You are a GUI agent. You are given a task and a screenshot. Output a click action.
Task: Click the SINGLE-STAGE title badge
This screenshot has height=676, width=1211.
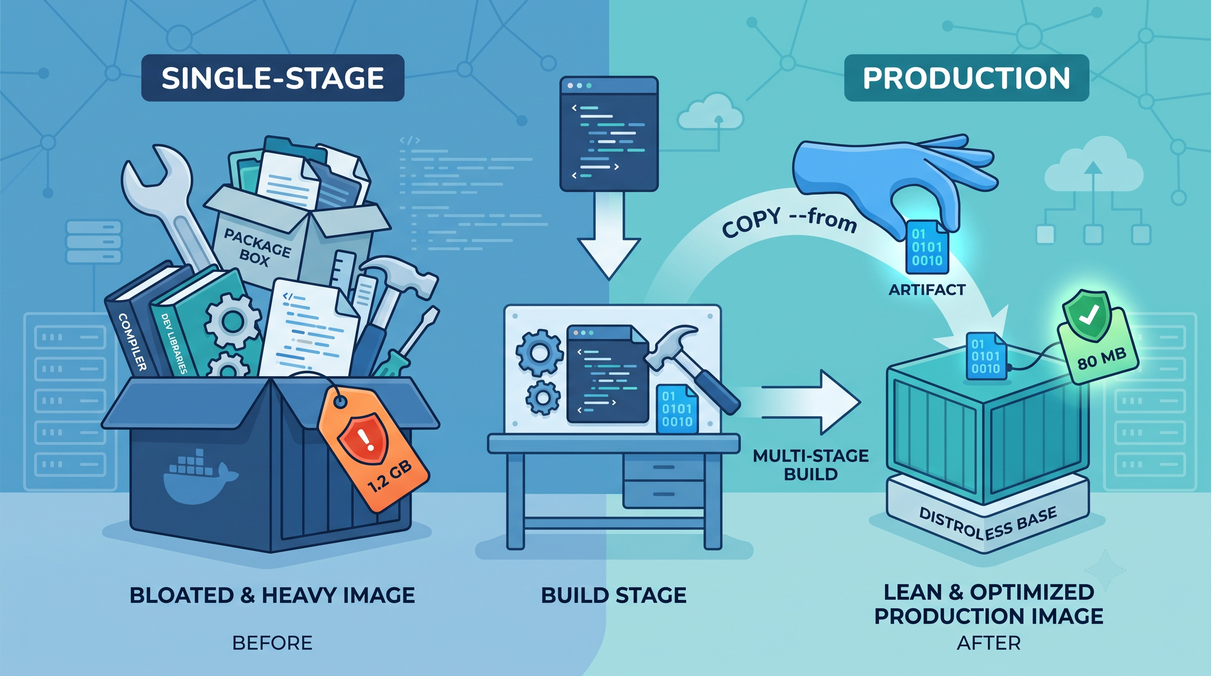[273, 78]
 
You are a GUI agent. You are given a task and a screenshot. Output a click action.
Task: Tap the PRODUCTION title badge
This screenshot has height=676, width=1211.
[966, 78]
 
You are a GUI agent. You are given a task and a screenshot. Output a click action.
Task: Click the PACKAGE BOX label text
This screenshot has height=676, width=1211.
[256, 247]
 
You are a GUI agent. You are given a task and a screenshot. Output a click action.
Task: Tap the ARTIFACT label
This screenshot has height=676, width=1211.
[927, 290]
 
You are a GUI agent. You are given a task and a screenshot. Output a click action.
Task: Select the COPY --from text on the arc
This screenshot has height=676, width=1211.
[789, 222]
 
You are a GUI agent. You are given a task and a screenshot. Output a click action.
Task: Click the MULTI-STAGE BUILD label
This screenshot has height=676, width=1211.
[811, 465]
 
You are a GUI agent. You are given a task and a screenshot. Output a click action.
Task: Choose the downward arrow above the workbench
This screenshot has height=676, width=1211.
[609, 235]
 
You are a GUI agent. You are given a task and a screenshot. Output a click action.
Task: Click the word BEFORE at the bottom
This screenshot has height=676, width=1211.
[273, 643]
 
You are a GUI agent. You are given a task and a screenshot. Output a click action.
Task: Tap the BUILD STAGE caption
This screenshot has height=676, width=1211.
[613, 595]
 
